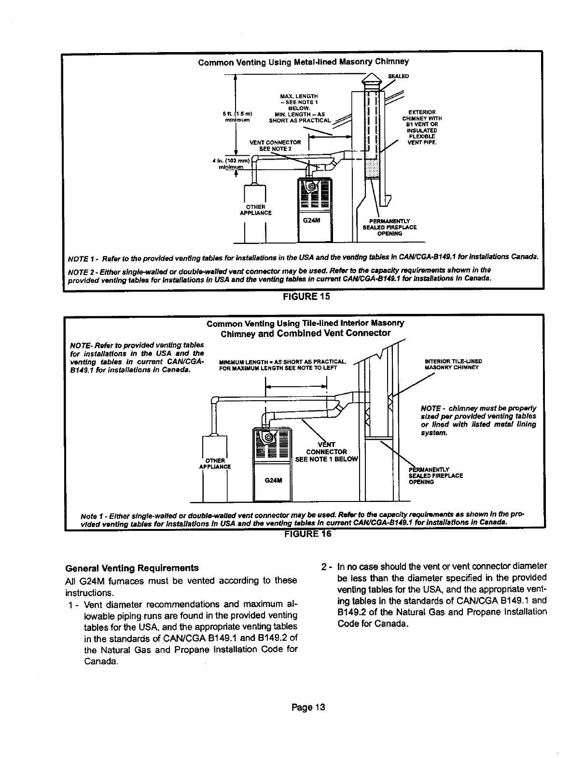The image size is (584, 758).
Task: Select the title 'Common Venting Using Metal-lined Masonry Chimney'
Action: click(x=304, y=61)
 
